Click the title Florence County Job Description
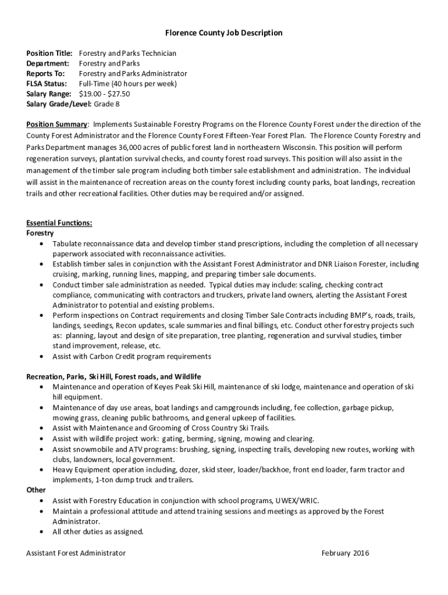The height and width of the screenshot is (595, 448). point(223,33)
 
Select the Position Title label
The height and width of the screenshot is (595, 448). point(49,53)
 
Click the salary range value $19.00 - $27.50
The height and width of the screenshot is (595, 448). point(104,94)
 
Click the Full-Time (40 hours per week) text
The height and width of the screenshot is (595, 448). point(128,84)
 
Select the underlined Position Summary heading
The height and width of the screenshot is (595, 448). point(56,124)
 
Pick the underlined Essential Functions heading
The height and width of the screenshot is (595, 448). point(59,223)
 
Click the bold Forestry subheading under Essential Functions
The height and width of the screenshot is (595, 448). point(40,233)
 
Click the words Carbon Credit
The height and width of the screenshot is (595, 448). point(107,356)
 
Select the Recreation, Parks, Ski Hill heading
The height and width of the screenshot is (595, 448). point(113,377)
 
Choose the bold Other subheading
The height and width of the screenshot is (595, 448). point(36,490)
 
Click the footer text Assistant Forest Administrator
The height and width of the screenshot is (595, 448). point(76,553)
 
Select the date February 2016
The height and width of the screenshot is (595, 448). point(345,553)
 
